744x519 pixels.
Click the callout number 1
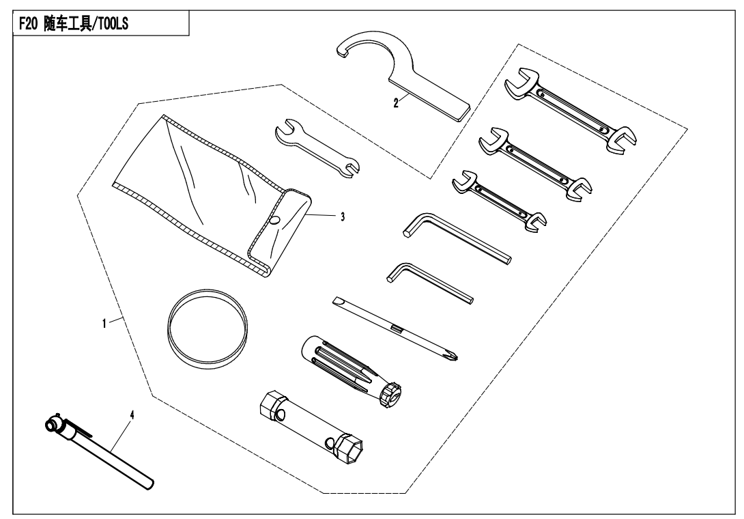click(x=104, y=324)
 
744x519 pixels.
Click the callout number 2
click(x=396, y=102)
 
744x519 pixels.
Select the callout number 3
click(x=343, y=217)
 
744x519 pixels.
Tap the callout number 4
click(x=132, y=415)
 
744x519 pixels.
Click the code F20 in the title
click(x=28, y=24)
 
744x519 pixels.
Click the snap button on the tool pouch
click(x=274, y=220)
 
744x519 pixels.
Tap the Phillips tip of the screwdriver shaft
click(x=453, y=354)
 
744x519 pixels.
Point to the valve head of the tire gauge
click(x=53, y=423)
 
